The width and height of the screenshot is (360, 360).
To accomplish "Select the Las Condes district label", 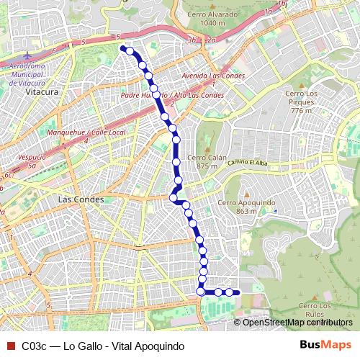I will (x=81, y=199).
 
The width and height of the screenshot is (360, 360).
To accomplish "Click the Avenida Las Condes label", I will (x=214, y=75).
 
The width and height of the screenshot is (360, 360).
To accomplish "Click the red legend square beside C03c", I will (x=9, y=346).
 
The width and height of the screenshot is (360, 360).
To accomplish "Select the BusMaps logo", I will (x=325, y=346).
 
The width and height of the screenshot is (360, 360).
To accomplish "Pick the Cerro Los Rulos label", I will (x=317, y=310).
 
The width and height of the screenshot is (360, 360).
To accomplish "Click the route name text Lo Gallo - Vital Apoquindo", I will (x=124, y=346).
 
